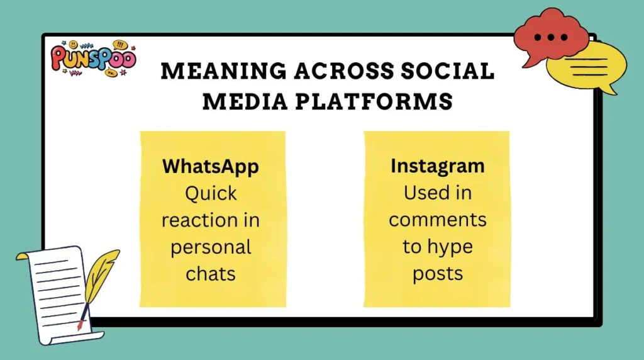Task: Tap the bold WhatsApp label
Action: click(x=211, y=166)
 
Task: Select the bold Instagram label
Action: click(x=437, y=166)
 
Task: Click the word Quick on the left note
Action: click(x=211, y=193)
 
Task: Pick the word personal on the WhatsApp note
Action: click(x=211, y=247)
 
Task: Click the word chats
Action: click(x=211, y=274)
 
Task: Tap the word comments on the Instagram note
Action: click(x=437, y=220)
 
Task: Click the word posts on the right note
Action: click(x=437, y=274)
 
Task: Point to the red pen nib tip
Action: click(x=79, y=327)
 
